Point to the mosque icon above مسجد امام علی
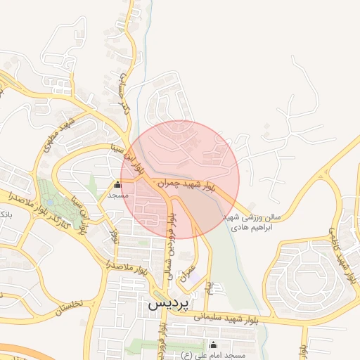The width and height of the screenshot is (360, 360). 214,345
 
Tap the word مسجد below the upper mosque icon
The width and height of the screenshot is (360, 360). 117,195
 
